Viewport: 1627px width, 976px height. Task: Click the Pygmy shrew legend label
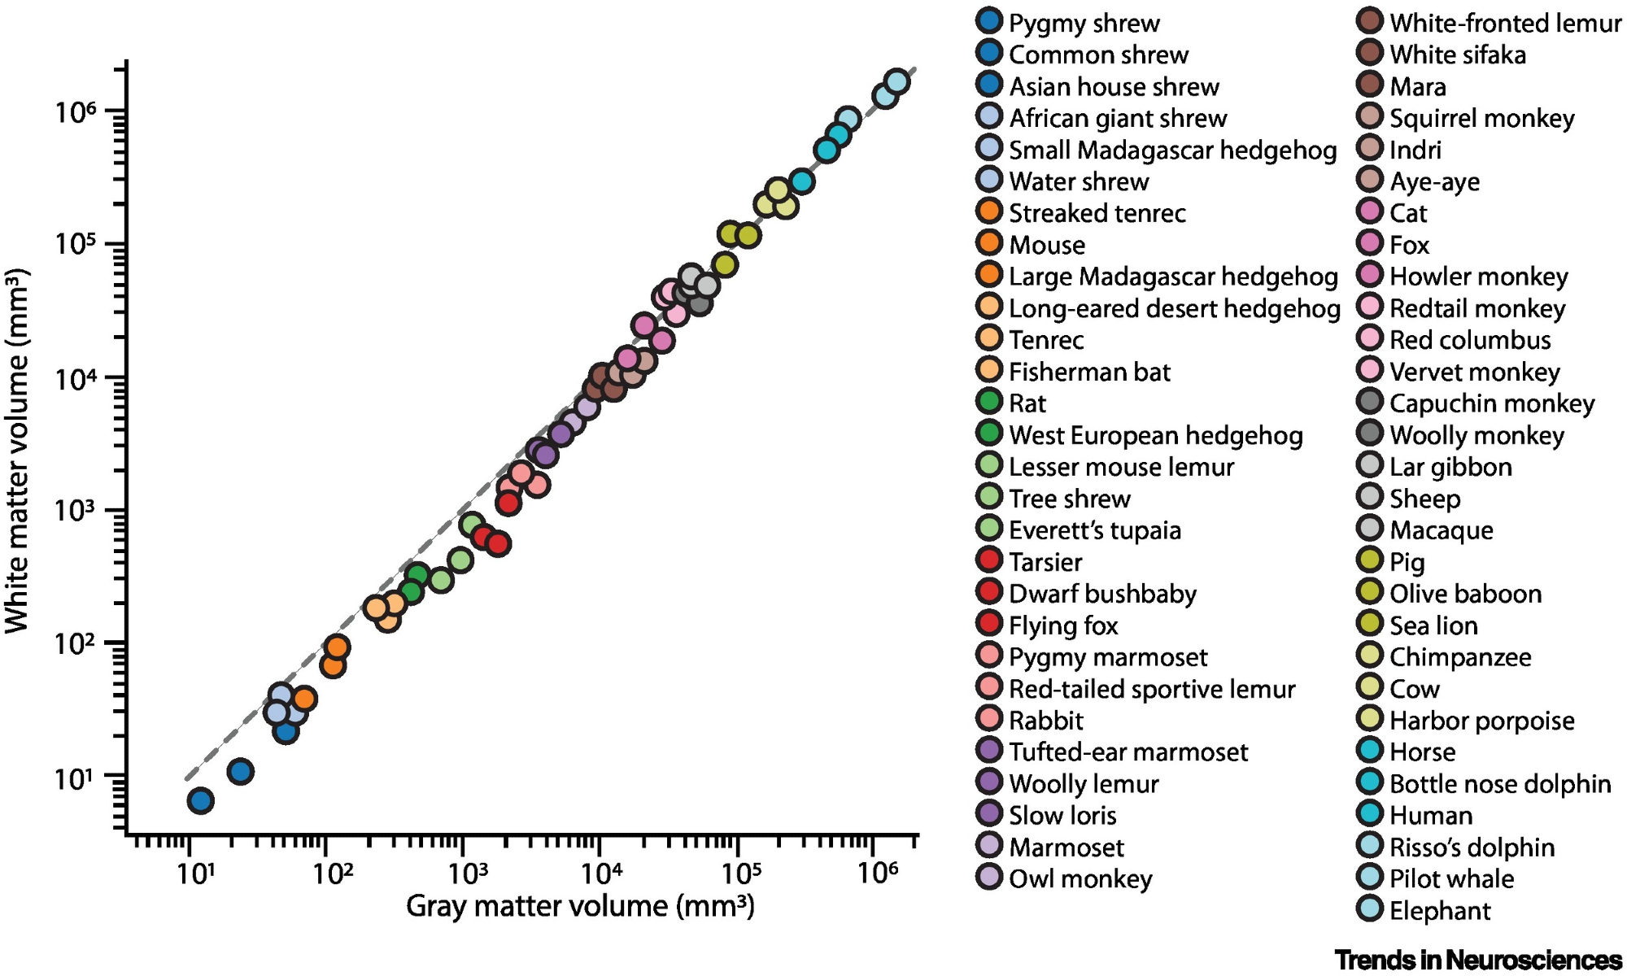pos(1084,23)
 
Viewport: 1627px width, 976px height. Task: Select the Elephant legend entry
pos(1440,910)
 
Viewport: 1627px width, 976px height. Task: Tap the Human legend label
pos(1431,815)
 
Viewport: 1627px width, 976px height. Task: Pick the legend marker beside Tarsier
pos(989,560)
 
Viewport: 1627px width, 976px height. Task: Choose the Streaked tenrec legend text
pos(1097,213)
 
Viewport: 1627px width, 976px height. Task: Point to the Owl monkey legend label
pos(1080,878)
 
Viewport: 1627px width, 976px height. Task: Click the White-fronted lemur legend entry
pos(1505,23)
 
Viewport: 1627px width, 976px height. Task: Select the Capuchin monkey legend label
pos(1492,403)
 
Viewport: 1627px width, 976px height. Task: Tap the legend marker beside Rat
pos(989,402)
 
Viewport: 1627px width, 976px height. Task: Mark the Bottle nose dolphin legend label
pos(1500,783)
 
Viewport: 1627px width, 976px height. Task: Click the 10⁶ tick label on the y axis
pos(76,111)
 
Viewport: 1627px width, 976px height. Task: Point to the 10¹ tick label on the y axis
pos(76,778)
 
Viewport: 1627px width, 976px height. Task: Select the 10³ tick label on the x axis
pos(468,874)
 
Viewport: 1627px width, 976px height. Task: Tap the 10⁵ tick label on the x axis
pos(741,874)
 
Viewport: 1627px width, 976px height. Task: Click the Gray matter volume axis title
pos(580,906)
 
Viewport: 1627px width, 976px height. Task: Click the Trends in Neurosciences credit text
pos(1478,960)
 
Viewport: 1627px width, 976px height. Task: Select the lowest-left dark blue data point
pos(200,801)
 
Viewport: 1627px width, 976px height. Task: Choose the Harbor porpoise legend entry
pos(1481,721)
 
